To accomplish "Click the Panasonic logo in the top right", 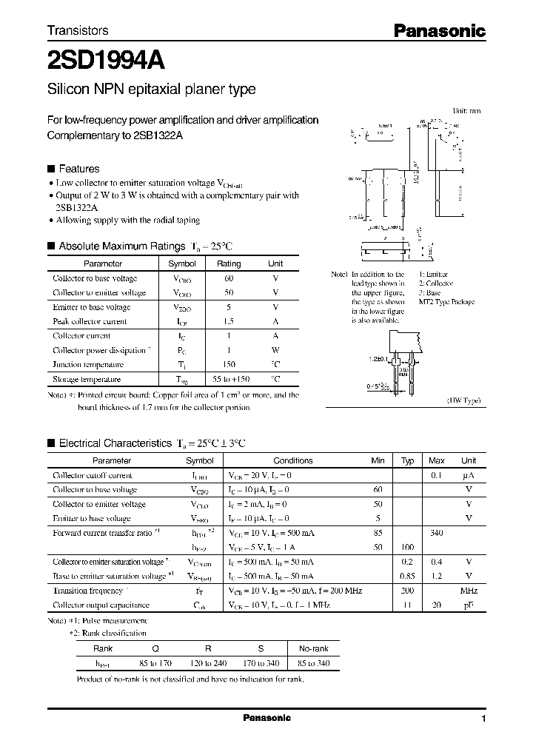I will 439,30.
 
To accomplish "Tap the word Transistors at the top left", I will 78,30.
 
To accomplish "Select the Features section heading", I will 78,169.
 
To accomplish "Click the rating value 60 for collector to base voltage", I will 229,278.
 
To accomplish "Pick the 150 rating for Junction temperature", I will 229,364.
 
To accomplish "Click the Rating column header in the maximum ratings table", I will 229,263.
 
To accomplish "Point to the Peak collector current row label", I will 90,321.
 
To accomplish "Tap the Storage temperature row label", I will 87,379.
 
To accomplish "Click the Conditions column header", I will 293,460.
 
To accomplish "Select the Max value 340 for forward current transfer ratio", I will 437,532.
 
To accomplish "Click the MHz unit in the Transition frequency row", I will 469,591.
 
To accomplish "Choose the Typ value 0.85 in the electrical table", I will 407,576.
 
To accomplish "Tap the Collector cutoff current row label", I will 93,475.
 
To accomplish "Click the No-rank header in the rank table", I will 312,648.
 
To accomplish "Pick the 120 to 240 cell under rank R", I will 211,663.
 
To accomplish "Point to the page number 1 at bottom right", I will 483,719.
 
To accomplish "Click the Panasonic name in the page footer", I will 266,718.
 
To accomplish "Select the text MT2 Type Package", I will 446,302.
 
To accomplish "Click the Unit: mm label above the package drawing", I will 466,110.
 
